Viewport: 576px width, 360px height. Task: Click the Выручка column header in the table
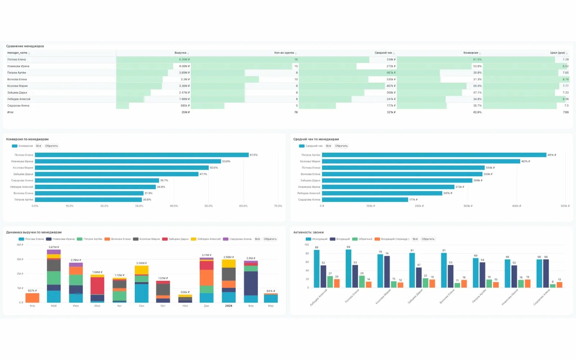click(180, 53)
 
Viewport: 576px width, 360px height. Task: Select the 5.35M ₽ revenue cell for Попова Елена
click(184, 59)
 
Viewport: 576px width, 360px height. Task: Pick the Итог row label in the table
click(10, 112)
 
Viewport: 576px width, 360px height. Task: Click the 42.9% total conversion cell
click(477, 112)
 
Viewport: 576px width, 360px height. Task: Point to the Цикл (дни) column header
click(558, 53)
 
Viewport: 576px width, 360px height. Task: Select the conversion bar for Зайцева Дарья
click(117, 174)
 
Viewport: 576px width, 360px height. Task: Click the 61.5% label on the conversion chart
click(254, 155)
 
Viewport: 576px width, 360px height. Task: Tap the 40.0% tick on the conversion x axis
click(174, 206)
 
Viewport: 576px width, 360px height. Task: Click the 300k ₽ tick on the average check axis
click(468, 206)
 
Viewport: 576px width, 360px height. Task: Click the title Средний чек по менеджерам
click(316, 139)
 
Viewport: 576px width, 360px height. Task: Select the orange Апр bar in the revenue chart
click(32, 297)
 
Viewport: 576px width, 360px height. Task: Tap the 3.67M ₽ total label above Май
click(54, 247)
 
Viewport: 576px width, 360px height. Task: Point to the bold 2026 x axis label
click(228, 306)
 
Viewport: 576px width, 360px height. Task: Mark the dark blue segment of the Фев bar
click(251, 283)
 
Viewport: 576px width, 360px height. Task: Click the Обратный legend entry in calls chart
click(364, 239)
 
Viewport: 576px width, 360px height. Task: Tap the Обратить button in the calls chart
click(428, 239)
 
